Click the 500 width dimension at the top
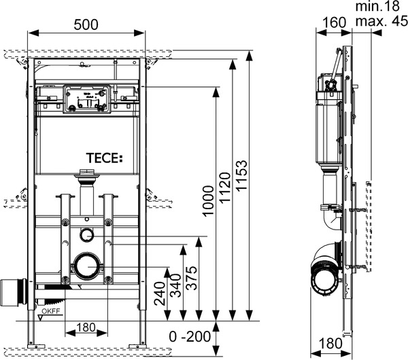pyautogui.click(x=85, y=24)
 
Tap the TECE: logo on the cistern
pyautogui.click(x=102, y=158)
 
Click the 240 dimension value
pyautogui.click(x=163, y=296)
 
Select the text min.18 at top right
pyautogui.click(x=381, y=7)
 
